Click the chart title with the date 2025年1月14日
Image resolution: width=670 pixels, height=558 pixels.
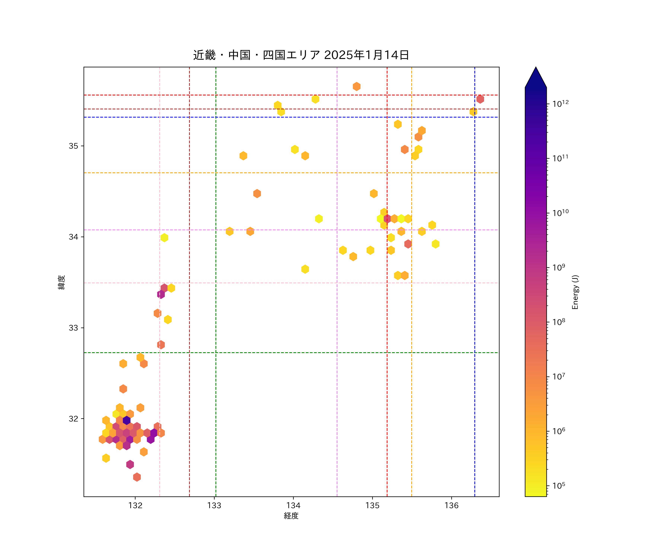pyautogui.click(x=301, y=55)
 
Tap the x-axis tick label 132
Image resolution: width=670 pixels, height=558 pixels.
pyautogui.click(x=135, y=506)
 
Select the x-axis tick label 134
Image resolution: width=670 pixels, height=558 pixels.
pyautogui.click(x=293, y=506)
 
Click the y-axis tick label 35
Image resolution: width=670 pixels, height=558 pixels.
pyautogui.click(x=73, y=146)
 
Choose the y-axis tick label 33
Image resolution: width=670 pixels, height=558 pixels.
pyautogui.click(x=73, y=328)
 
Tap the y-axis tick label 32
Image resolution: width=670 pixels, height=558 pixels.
pyautogui.click(x=73, y=419)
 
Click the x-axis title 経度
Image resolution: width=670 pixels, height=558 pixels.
pyautogui.click(x=291, y=516)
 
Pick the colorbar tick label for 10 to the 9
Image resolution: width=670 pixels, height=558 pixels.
pyautogui.click(x=559, y=267)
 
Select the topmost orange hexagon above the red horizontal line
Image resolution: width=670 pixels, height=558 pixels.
pyautogui.click(x=357, y=86)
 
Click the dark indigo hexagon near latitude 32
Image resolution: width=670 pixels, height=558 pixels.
pyautogui.click(x=127, y=420)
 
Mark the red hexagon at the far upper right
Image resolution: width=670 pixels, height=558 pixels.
pyautogui.click(x=480, y=99)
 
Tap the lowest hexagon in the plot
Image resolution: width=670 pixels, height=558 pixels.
pyautogui.click(x=137, y=477)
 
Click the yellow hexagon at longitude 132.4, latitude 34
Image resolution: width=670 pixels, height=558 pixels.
pyautogui.click(x=164, y=238)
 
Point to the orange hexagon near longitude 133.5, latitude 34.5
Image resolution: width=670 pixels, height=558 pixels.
pyautogui.click(x=257, y=194)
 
